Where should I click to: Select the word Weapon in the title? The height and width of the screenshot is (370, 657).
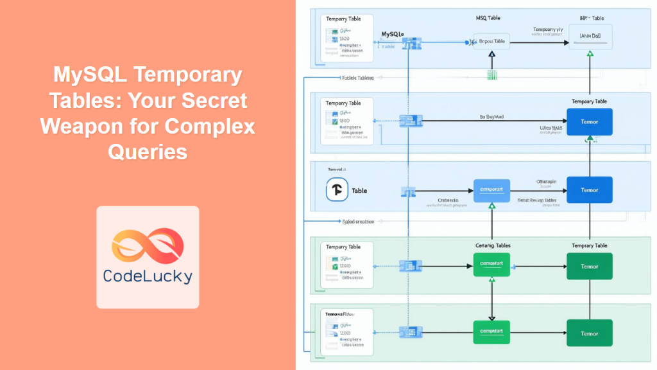click(85, 127)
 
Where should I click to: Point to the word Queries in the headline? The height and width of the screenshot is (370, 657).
click(148, 152)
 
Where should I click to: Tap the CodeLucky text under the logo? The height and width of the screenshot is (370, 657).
click(147, 276)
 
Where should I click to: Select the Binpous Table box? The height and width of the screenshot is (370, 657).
click(491, 42)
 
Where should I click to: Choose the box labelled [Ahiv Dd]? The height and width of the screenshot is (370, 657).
click(590, 37)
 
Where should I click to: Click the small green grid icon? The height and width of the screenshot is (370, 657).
click(491, 75)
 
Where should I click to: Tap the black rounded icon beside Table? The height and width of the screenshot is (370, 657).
click(337, 190)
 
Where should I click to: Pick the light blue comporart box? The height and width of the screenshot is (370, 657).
click(491, 190)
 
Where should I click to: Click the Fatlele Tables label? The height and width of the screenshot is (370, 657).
click(357, 78)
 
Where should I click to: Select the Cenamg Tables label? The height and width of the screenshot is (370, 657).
click(491, 245)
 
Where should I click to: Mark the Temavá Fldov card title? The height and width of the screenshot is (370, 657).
click(340, 314)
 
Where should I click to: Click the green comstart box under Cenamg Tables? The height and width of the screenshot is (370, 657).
click(491, 264)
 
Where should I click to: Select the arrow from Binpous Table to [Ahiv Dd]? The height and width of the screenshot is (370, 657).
click(539, 42)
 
